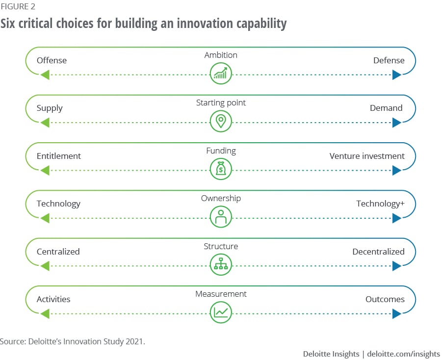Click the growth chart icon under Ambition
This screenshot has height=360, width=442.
[x=221, y=74]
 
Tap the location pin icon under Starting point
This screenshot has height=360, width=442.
[x=221, y=121]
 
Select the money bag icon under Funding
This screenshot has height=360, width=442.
[x=221, y=169]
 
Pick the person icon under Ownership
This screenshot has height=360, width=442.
[x=221, y=216]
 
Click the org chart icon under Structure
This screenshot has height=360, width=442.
[x=221, y=264]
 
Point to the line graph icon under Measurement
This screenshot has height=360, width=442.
[x=221, y=312]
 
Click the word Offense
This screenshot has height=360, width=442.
[x=52, y=60]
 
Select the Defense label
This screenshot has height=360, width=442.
[x=389, y=60]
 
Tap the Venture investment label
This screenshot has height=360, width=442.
[x=367, y=156]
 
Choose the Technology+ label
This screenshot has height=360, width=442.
[x=380, y=204]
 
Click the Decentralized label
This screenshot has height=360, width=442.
[x=378, y=252]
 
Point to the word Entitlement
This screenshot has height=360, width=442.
[x=59, y=156]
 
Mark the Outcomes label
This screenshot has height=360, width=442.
[x=385, y=299]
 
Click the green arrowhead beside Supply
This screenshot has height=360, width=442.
[x=45, y=123]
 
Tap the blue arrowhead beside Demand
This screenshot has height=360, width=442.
[x=397, y=123]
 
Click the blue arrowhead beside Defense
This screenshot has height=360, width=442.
[x=397, y=75]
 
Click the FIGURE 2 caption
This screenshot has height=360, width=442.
[x=18, y=7]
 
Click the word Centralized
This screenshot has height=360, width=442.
[x=58, y=252]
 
